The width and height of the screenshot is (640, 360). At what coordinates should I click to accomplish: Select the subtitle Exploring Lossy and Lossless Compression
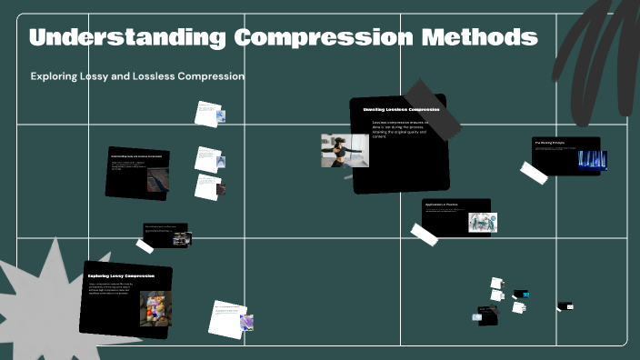[x=137, y=76]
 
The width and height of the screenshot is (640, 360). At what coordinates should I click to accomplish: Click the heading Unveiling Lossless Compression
[x=401, y=109]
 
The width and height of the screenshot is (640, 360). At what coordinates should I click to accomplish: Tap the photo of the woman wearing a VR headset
[x=345, y=151]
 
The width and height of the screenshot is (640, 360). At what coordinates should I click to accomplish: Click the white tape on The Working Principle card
[x=534, y=173]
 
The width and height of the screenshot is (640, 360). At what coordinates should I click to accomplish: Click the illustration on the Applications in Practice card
[x=482, y=223]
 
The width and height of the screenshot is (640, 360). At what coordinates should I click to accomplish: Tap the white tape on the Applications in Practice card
[x=425, y=234]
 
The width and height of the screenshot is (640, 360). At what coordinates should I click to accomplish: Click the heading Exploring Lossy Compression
[x=121, y=275]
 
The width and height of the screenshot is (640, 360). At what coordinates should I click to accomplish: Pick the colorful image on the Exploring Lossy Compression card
[x=155, y=309]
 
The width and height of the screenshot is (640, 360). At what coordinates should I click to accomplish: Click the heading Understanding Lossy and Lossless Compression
[x=136, y=156]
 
